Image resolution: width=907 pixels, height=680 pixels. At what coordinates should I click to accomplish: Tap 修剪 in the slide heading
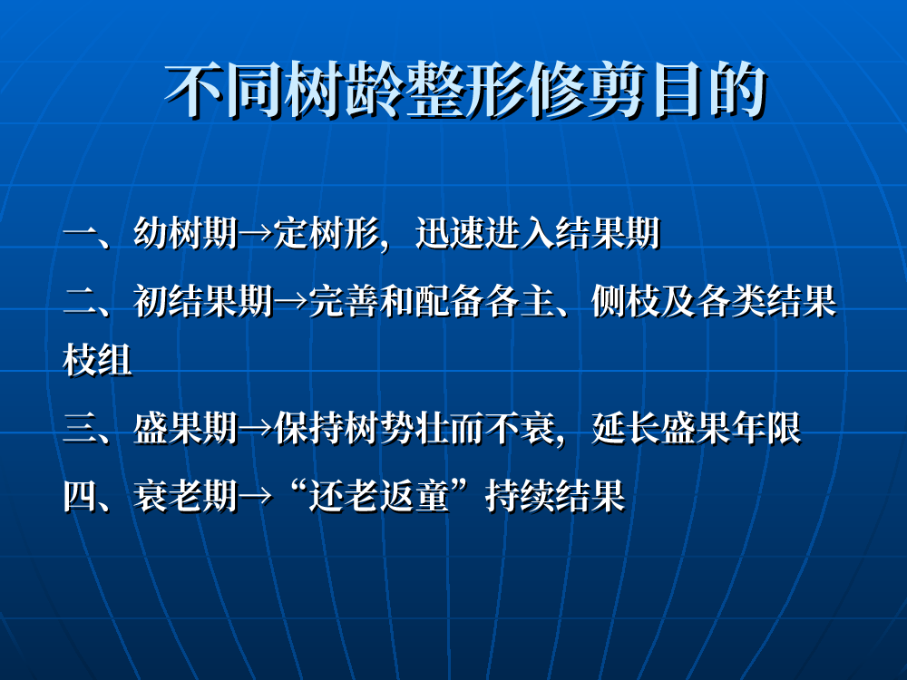pos(589,91)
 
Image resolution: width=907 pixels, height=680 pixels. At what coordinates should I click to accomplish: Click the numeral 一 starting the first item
pos(81,235)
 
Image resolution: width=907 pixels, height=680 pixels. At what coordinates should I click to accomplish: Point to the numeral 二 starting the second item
pos(81,302)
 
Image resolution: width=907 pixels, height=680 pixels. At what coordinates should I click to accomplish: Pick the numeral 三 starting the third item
pos(81,429)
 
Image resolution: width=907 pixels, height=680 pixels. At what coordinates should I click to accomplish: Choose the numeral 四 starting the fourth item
pos(81,496)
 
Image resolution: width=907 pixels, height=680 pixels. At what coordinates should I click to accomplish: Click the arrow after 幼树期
pos(255,234)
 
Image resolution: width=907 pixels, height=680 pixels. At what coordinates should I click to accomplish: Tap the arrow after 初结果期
pos(290,302)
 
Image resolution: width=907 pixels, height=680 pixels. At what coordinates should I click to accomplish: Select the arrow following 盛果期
pos(255,429)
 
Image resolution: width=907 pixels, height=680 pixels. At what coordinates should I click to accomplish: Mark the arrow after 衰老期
pos(255,496)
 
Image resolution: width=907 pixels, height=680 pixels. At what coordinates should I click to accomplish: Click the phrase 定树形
pos(327,233)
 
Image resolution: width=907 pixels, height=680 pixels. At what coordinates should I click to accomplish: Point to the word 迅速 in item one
pos(450,233)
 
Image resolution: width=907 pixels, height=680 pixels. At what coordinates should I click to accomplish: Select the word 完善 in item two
pos(344,301)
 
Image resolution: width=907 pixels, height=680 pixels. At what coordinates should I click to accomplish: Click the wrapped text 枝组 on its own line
pos(97,360)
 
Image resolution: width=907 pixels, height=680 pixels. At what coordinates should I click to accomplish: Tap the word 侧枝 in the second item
pos(625,301)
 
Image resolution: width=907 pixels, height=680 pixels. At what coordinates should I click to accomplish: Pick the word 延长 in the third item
pos(625,428)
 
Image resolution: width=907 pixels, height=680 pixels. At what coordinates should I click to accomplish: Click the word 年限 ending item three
pos(766,428)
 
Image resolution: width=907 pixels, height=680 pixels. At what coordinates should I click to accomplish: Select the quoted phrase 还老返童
pos(379,496)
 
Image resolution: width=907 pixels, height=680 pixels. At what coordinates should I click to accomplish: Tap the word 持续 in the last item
pos(520,496)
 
